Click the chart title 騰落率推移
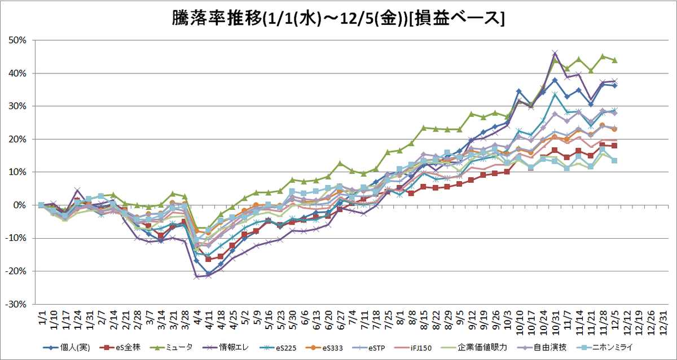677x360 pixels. point(217,18)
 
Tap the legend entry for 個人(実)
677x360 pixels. point(67,348)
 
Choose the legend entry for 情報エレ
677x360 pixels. point(225,348)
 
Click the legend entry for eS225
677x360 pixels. point(278,348)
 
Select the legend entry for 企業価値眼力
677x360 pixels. point(474,348)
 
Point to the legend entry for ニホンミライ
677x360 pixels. point(604,348)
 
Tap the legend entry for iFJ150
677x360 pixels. point(413,348)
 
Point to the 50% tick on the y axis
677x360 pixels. point(17,40)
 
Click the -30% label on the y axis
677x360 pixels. point(16,304)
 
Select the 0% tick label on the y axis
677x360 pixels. point(20,205)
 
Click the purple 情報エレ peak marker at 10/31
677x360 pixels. point(555,53)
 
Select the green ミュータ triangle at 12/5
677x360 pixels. point(614,60)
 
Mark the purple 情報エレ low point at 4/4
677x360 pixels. point(197,276)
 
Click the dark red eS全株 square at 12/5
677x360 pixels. point(614,146)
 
